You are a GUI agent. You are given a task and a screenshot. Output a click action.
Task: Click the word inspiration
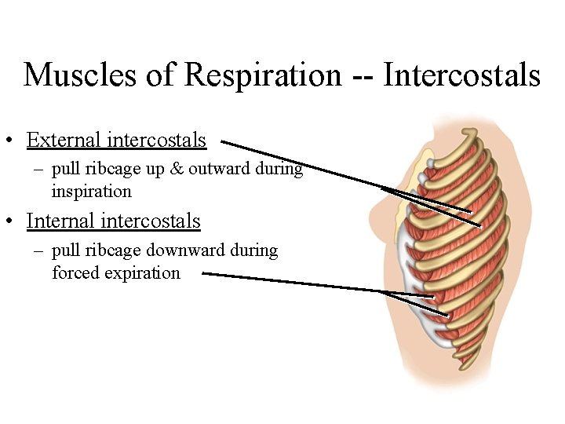(91, 192)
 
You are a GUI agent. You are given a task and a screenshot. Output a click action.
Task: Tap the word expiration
(142, 273)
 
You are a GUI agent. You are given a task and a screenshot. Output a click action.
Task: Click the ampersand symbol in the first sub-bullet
(168, 169)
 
